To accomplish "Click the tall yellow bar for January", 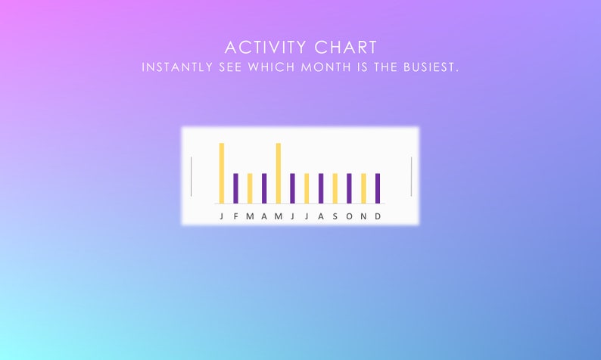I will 222,173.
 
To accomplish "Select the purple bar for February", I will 235,188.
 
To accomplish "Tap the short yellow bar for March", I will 250,188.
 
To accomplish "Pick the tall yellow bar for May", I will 279,173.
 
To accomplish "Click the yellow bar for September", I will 335,188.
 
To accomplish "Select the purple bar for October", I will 349,188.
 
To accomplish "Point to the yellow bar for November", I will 363,188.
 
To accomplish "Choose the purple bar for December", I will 378,188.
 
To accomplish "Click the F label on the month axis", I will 235,216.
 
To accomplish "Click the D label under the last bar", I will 378,216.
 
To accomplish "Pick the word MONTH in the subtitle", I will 328,67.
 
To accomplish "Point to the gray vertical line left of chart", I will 192,176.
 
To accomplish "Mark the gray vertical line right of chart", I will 411,176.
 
